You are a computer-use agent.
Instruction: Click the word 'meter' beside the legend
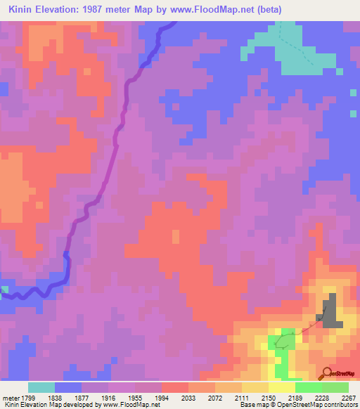[x=11, y=397]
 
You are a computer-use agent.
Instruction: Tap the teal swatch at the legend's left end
[x=41, y=387]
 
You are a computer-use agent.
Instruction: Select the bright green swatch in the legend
[x=309, y=387]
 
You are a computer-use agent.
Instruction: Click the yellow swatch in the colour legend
[x=282, y=387]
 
